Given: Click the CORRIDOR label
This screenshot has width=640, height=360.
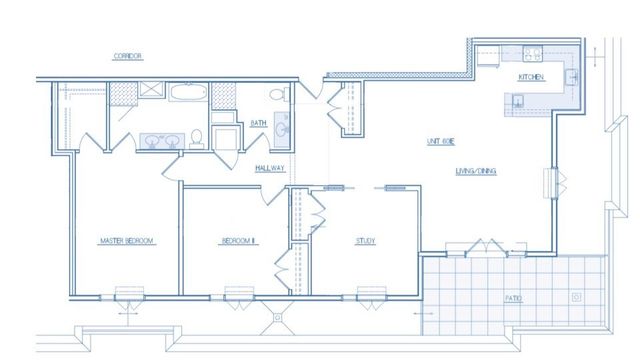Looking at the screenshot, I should coord(127,56).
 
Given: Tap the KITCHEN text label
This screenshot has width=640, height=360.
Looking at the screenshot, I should coord(530,78).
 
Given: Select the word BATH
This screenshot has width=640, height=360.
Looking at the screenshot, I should coord(257,124).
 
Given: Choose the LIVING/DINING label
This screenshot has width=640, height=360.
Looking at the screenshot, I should coord(476,171).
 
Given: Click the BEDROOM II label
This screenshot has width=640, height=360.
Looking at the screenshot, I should coord(239,241).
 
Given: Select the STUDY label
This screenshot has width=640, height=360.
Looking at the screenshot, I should coord(365,241).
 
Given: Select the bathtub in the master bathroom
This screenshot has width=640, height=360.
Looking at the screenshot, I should coord(188,95).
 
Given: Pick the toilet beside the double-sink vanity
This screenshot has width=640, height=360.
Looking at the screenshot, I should coord(198,137).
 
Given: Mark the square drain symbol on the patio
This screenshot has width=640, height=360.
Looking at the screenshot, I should coord(576,297).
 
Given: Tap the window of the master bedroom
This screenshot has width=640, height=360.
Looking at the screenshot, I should coord(127,294).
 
